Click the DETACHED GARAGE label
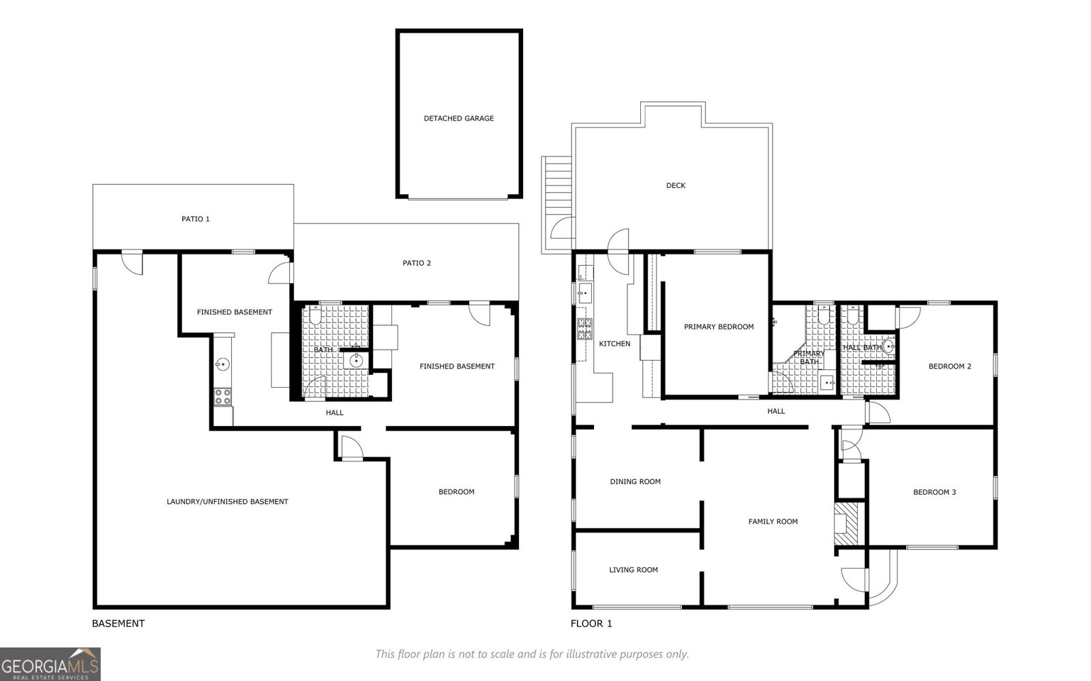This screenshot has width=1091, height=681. click(x=458, y=119)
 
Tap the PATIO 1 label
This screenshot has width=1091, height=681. click(x=196, y=220)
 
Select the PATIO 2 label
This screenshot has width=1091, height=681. click(x=417, y=263)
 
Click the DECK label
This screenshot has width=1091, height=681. click(x=676, y=185)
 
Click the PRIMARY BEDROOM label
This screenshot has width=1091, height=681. click(x=719, y=327)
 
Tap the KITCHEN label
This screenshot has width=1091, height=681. click(x=614, y=344)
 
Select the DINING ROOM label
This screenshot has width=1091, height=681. click(x=635, y=482)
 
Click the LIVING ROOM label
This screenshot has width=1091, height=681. click(x=633, y=570)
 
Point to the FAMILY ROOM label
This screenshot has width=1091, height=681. click(x=773, y=522)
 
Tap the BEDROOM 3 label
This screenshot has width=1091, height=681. click(x=934, y=492)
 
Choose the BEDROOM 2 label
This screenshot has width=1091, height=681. click(x=950, y=367)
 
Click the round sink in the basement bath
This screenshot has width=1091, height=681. click(x=355, y=360)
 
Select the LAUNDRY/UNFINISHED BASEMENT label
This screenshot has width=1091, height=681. click(x=227, y=502)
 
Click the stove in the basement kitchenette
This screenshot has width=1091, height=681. click(x=223, y=397)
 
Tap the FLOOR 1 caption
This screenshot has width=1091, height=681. click(x=591, y=624)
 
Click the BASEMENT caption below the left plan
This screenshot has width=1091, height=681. click(x=118, y=624)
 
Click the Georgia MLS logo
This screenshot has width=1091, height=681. click(x=50, y=663)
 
